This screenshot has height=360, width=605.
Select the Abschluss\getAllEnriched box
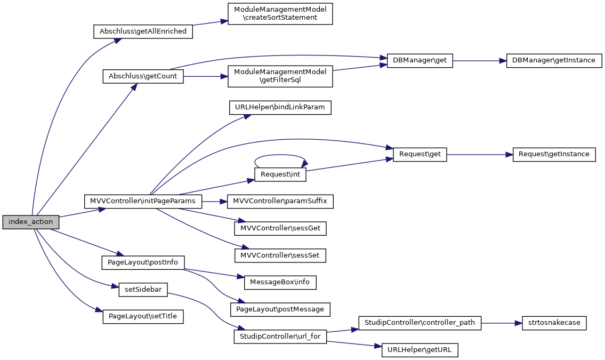[x=143, y=31]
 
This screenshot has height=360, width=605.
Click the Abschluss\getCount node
[x=143, y=77]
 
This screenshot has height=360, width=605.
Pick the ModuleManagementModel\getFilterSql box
[x=280, y=77]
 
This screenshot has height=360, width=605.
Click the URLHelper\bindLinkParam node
[x=280, y=108]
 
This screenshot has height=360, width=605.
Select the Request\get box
[x=420, y=154]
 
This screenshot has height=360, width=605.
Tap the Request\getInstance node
[x=554, y=154]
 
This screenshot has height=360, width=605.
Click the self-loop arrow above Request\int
[x=280, y=155]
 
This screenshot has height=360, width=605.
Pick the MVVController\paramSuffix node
[x=280, y=202]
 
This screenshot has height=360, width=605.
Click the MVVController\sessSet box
[x=280, y=255]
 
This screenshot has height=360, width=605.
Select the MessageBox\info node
[x=280, y=282]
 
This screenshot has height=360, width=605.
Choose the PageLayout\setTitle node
[x=143, y=316]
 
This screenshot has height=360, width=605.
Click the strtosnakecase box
[x=554, y=323]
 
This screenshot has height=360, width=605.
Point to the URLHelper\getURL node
[x=420, y=350]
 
